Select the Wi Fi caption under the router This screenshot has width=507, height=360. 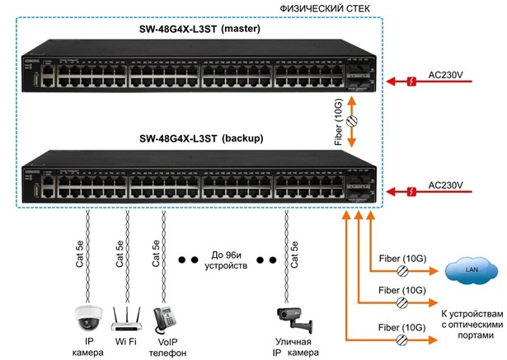[x=124, y=341]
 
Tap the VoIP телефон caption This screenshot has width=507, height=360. [x=163, y=347]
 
